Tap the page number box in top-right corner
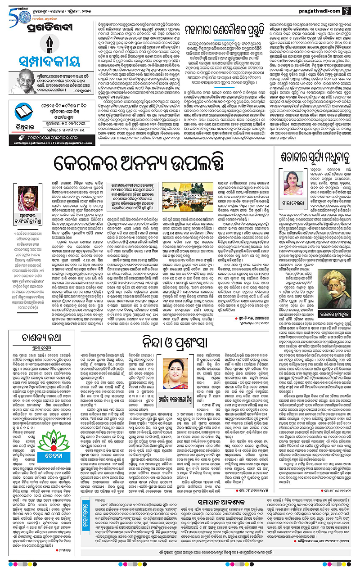pyautogui.click(x=351, y=7)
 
